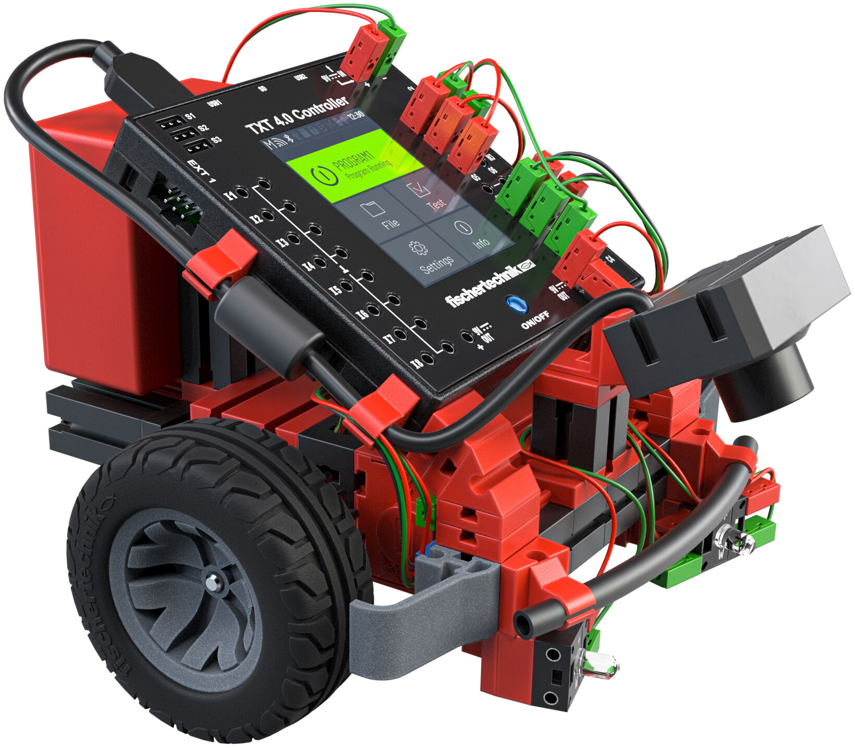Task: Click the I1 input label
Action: click(230, 196)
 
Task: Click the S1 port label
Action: click(190, 116)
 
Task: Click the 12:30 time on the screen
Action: click(358, 115)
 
